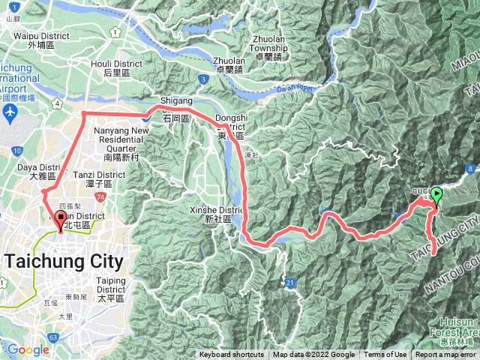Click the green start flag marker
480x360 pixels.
click(436, 194)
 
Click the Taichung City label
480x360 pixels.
click(64, 262)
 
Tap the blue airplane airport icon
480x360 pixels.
click(10, 113)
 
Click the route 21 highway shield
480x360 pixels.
click(290, 282)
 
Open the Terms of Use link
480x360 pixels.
click(385, 355)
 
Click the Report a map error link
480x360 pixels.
click(445, 355)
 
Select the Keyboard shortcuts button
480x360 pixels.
click(232, 355)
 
